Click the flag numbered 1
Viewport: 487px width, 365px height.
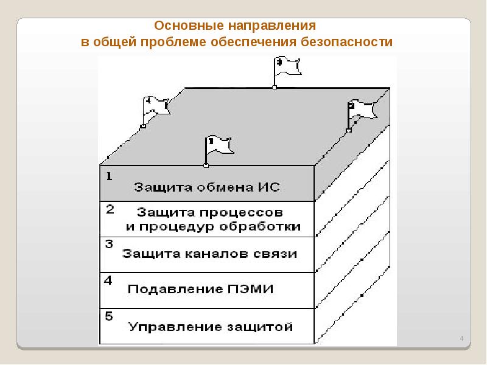(x=217, y=147)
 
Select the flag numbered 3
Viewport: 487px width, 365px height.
(x=287, y=66)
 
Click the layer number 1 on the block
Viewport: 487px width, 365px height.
(x=109, y=177)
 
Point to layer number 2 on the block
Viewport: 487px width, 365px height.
(x=110, y=210)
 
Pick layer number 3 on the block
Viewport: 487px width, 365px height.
(x=110, y=245)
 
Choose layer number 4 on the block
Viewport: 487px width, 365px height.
(x=109, y=280)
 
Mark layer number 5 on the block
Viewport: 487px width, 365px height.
(x=109, y=316)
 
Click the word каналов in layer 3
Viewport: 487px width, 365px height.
(x=214, y=254)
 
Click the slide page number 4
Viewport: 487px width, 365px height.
(x=461, y=338)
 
